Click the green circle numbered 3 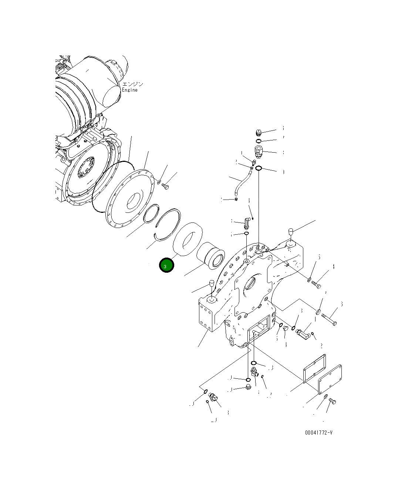[166, 265]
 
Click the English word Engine [130, 90]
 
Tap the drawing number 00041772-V [318, 432]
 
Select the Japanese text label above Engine [132, 84]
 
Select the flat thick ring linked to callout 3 [187, 239]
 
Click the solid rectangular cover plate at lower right [330, 379]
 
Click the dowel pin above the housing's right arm [291, 232]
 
